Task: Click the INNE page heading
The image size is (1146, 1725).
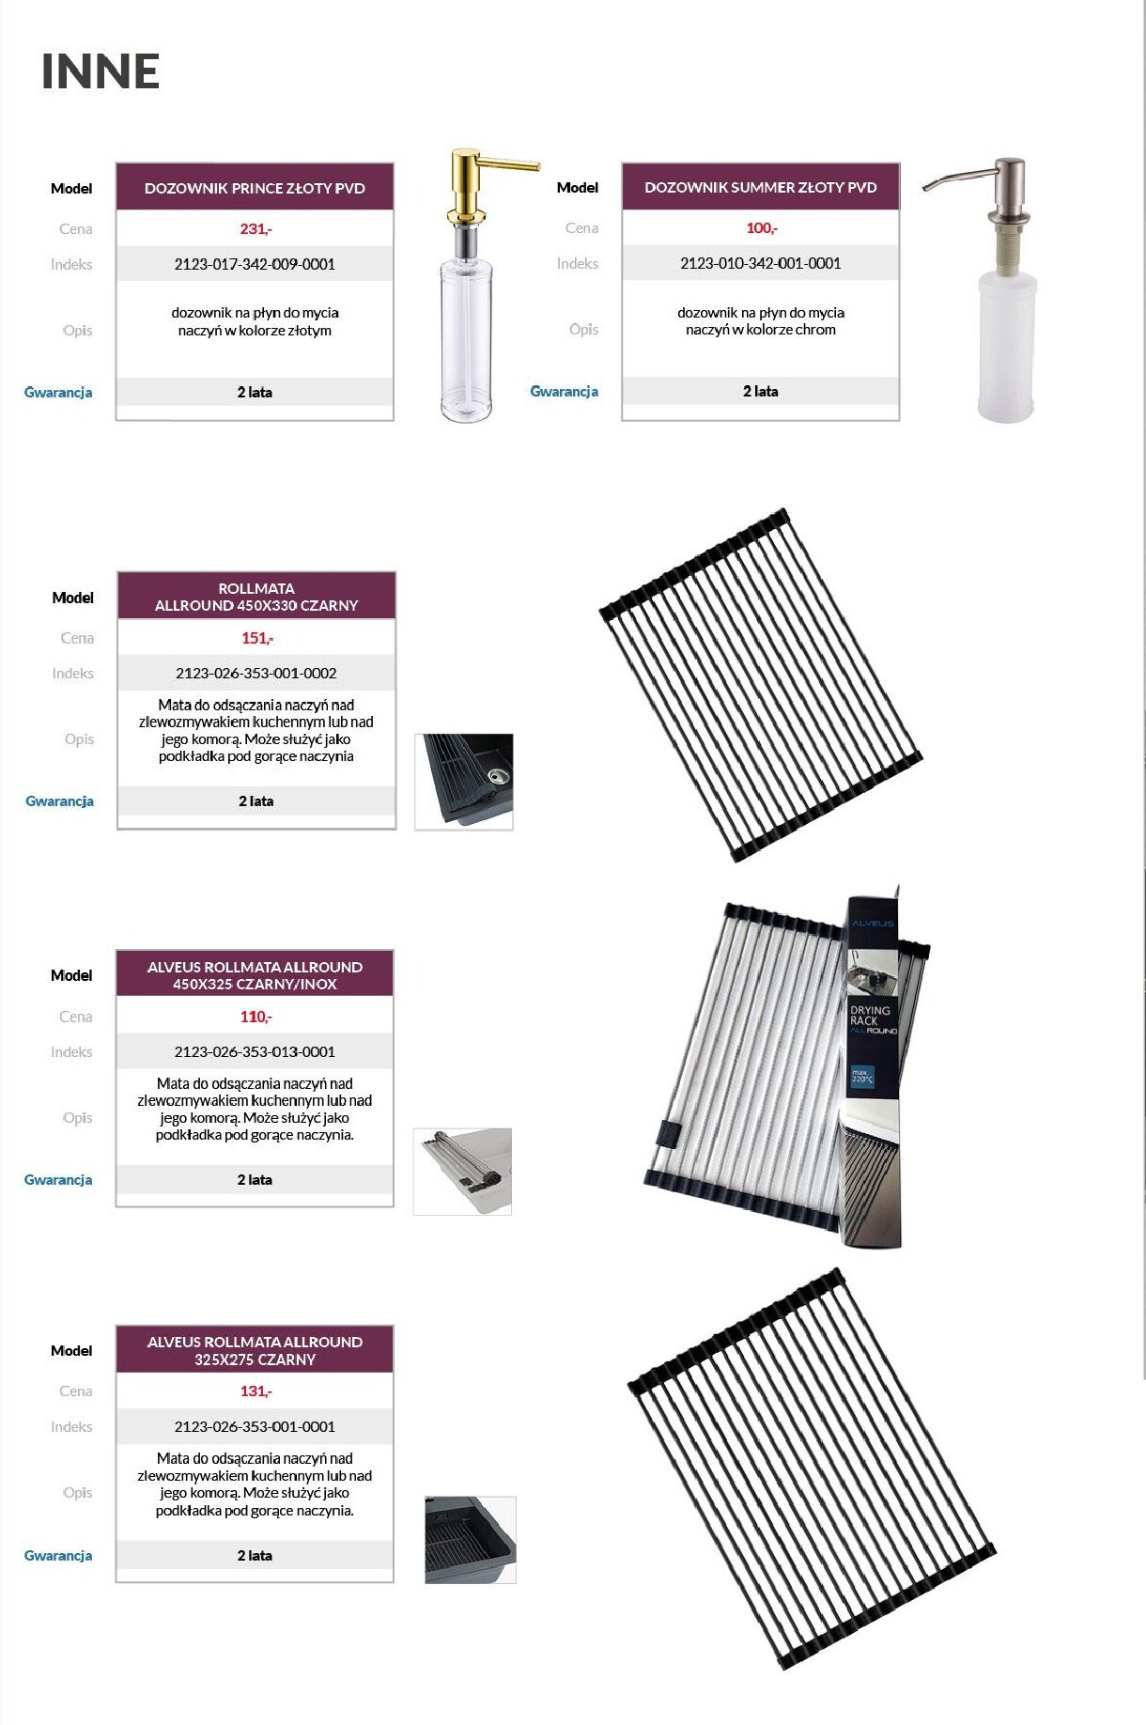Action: point(101,71)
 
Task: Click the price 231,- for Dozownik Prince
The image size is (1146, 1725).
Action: point(256,228)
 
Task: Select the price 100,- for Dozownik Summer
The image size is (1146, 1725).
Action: point(762,227)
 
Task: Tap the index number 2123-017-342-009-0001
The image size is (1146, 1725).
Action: point(255,264)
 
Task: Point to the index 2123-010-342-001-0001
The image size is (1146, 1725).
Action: point(761,263)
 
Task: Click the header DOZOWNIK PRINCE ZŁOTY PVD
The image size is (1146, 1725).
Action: point(255,188)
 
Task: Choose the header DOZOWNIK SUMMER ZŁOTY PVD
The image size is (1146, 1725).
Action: point(761,187)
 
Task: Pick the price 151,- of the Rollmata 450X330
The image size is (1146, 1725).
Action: point(257,638)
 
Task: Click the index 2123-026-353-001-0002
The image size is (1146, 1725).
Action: point(256,673)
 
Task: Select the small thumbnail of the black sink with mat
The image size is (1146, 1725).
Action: point(464,782)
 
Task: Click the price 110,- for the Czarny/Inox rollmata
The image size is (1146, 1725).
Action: point(256,1017)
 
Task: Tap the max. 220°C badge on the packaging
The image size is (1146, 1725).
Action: point(862,1076)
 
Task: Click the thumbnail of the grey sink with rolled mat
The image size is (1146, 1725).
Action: point(462,1172)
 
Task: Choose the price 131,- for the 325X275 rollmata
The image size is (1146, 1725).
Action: point(256,1391)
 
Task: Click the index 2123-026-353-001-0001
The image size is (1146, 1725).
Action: point(255,1426)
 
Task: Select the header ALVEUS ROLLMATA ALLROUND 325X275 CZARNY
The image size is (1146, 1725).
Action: point(255,1350)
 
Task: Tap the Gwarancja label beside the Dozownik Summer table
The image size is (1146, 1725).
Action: point(565,391)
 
